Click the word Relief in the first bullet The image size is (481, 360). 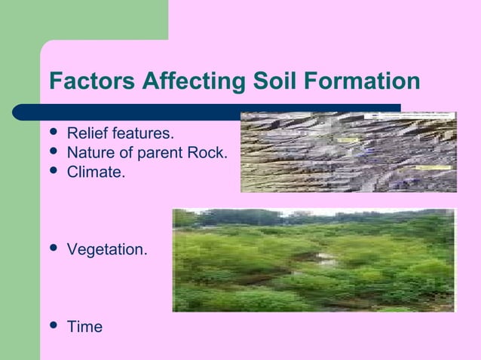click(x=85, y=134)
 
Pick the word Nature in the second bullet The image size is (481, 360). click(x=89, y=154)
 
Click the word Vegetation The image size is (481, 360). click(x=107, y=249)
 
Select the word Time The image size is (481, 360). click(x=84, y=327)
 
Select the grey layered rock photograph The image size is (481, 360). click(x=348, y=152)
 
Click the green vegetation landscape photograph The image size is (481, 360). click(x=314, y=260)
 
